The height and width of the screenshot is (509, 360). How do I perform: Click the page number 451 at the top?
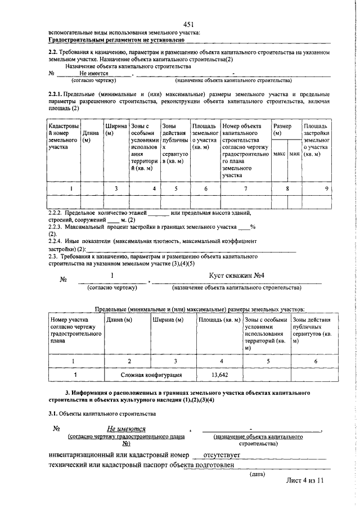coord(188,24)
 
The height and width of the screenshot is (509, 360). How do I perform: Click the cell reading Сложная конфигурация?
coord(151,373)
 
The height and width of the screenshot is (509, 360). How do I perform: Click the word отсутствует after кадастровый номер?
coord(222,454)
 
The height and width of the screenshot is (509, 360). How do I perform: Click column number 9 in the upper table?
coord(327,189)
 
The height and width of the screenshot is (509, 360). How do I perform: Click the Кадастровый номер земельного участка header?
coord(64,137)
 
